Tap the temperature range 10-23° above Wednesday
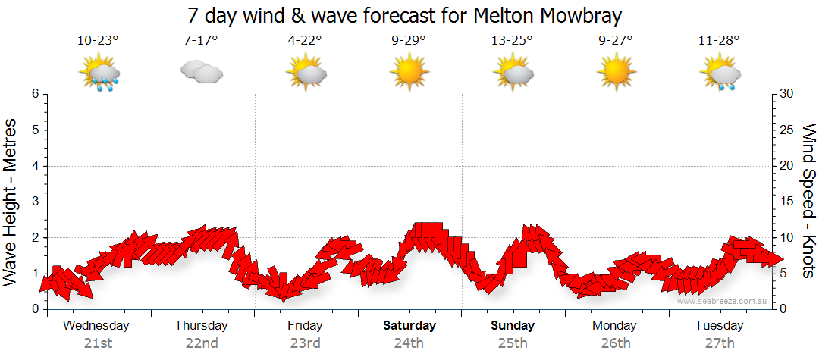point(98,41)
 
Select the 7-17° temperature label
point(201,41)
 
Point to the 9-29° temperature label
point(409,41)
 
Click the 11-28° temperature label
point(719,41)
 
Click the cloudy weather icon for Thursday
point(201,72)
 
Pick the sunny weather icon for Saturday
point(409,73)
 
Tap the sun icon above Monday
point(615,73)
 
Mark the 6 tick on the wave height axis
point(35,94)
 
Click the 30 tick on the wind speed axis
point(786,94)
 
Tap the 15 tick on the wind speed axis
point(786,202)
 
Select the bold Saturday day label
point(409,326)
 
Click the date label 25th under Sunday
point(513,343)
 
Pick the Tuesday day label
point(719,326)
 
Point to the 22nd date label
point(201,343)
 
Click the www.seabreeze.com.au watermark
point(723,301)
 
